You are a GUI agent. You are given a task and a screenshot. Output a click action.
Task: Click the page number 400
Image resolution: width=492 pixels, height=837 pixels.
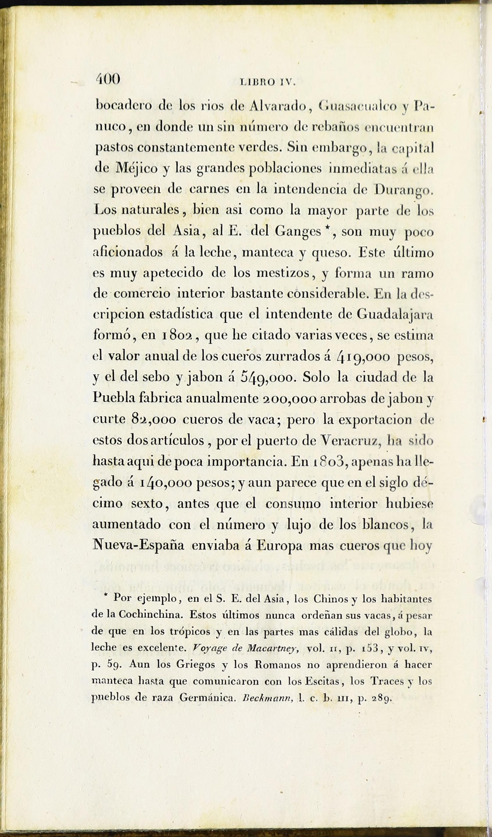(108, 80)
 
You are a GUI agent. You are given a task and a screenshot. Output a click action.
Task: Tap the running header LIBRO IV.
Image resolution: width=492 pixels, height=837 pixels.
(267, 82)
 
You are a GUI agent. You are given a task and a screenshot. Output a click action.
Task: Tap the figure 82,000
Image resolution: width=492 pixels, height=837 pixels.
(153, 420)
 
